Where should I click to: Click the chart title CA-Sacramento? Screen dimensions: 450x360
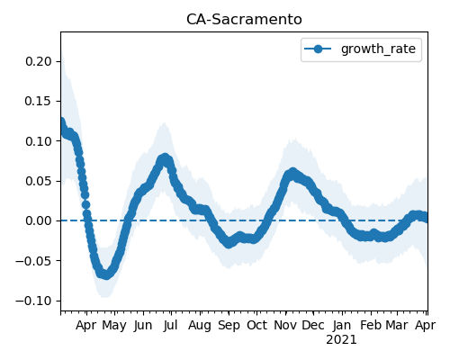[244, 20]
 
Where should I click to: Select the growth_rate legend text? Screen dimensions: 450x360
[378, 49]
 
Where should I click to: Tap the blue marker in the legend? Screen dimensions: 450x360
[318, 49]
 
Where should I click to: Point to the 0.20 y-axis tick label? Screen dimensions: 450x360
[39, 61]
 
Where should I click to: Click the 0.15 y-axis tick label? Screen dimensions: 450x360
[39, 102]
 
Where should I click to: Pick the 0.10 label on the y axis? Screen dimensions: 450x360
[39, 141]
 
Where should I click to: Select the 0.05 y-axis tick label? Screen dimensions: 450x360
[39, 181]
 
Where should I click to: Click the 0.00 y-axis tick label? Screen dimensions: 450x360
[39, 220]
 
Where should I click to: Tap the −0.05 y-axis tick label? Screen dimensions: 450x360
[33, 261]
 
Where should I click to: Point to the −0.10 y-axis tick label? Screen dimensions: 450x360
[33, 301]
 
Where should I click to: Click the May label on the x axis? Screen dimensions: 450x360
[114, 326]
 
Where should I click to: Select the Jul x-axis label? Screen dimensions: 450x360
[171, 325]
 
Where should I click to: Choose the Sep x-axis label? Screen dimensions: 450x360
[229, 326]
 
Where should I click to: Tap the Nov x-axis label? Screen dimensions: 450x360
[285, 325]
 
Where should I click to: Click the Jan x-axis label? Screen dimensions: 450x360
[342, 325]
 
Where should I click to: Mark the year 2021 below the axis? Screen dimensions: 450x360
[341, 340]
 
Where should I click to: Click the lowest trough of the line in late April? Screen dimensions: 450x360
[106, 274]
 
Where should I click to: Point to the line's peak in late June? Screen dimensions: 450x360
[165, 157]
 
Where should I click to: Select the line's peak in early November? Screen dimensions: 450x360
[292, 173]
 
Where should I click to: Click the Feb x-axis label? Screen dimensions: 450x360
[371, 325]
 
